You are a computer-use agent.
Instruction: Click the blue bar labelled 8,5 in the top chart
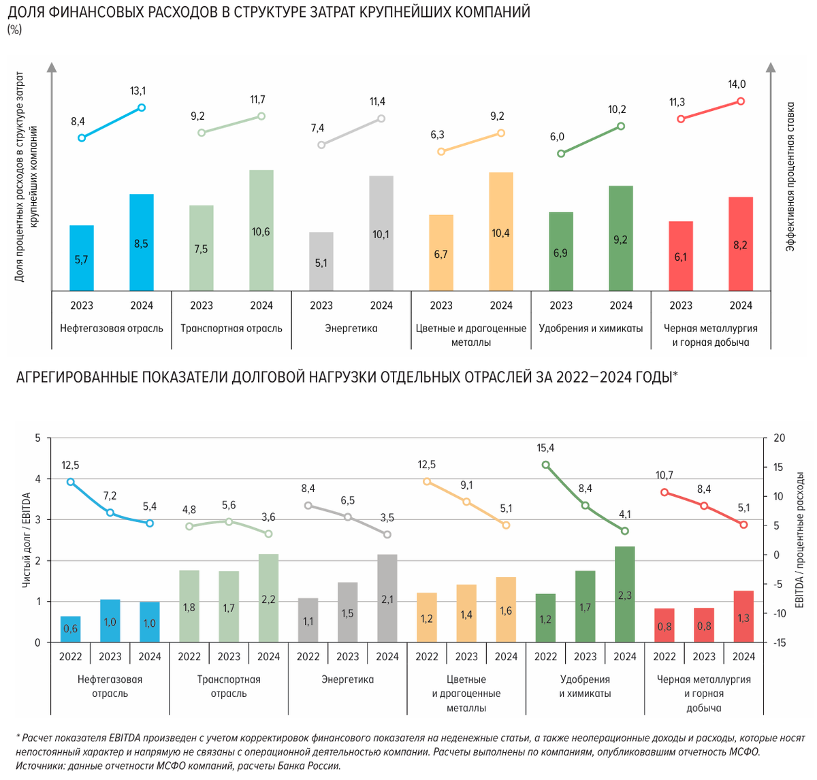pos(142,242)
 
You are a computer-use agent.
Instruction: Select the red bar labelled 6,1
pos(681,256)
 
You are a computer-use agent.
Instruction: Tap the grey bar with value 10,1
pos(381,233)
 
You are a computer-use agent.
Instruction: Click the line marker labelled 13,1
pos(142,108)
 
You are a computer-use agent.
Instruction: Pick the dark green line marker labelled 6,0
pos(561,154)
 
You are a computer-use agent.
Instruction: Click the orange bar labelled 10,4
pos(501,231)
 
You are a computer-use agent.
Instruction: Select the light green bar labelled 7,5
pos(202,248)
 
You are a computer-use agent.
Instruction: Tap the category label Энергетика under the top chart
pos(351,328)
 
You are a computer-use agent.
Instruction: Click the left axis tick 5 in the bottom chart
pos(38,438)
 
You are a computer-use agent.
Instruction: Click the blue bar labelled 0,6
pos(71,630)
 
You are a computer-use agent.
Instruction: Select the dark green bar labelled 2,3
pos(625,594)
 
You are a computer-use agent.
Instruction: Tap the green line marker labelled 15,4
pos(546,465)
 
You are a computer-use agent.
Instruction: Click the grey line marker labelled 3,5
pos(387,534)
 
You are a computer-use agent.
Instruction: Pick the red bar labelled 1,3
pos(743,617)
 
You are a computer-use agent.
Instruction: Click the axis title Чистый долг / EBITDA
pos(27,540)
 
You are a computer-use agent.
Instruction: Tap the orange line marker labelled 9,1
pos(466,502)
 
